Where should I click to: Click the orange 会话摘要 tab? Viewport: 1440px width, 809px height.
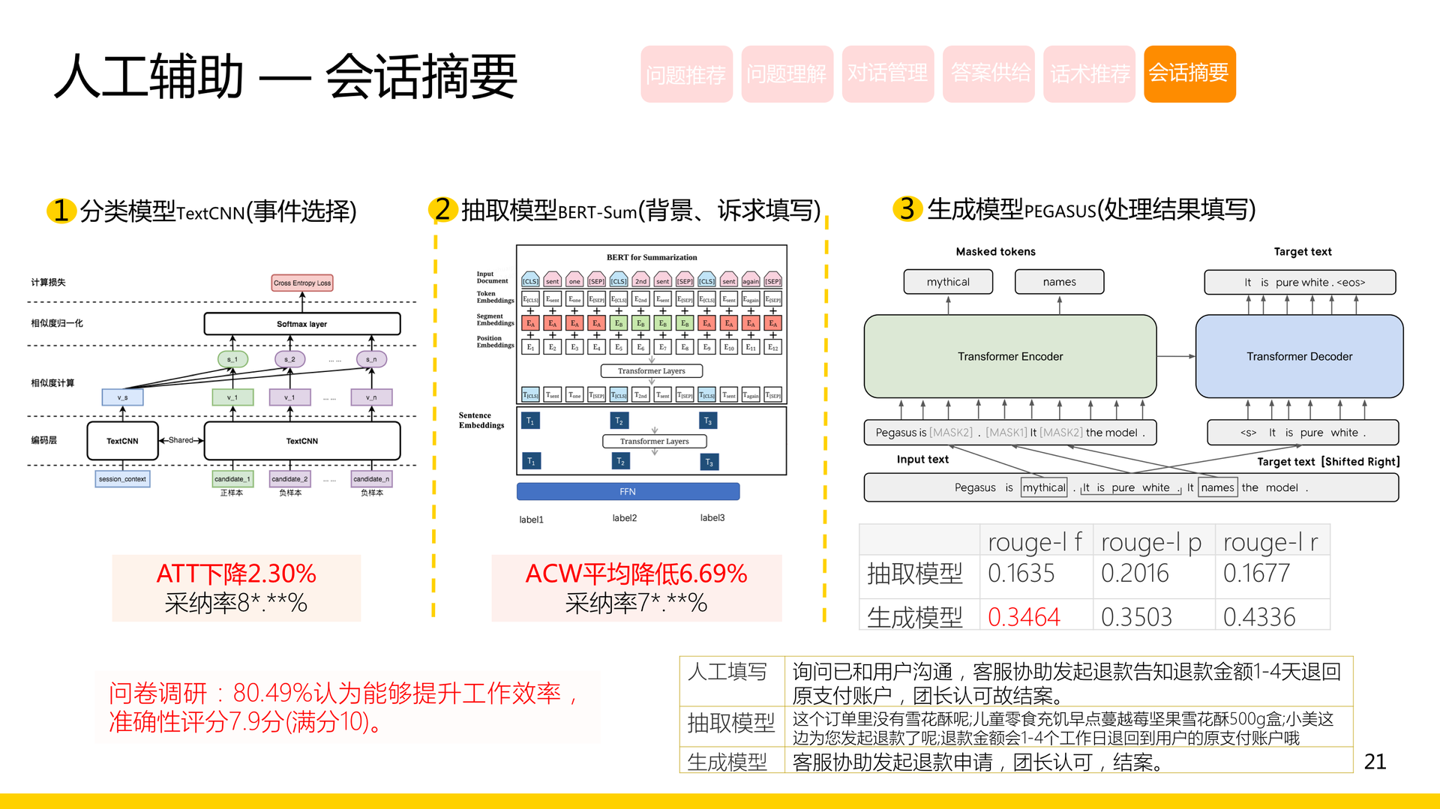pos(1189,73)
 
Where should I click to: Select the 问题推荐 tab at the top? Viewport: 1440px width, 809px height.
pos(685,73)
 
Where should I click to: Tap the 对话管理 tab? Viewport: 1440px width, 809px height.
pos(887,73)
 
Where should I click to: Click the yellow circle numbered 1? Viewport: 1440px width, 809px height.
pos(61,211)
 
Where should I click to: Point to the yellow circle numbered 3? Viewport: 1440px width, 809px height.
pos(907,208)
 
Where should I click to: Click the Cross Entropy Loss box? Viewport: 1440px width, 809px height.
pos(302,283)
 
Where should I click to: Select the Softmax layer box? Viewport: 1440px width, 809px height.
pos(302,324)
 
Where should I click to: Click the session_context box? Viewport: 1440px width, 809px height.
pos(122,478)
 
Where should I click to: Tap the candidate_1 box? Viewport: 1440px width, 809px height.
pos(232,478)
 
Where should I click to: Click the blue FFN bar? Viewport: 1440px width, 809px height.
pos(628,492)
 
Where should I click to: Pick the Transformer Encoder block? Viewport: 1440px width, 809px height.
pos(1009,356)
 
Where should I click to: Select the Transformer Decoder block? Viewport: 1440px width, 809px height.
pos(1299,356)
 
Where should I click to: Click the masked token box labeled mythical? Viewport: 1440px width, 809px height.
pos(948,282)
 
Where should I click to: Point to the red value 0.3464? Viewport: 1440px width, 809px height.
pos(1024,617)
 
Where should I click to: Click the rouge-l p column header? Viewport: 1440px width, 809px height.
pos(1151,541)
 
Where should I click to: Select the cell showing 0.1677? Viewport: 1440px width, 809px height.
pos(1256,574)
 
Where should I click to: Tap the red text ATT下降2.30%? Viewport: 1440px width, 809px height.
pos(236,574)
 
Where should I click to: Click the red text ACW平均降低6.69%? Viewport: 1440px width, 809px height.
pos(636,574)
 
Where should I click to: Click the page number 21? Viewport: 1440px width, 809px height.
pos(1375,762)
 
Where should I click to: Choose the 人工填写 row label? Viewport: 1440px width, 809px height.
pos(727,672)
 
